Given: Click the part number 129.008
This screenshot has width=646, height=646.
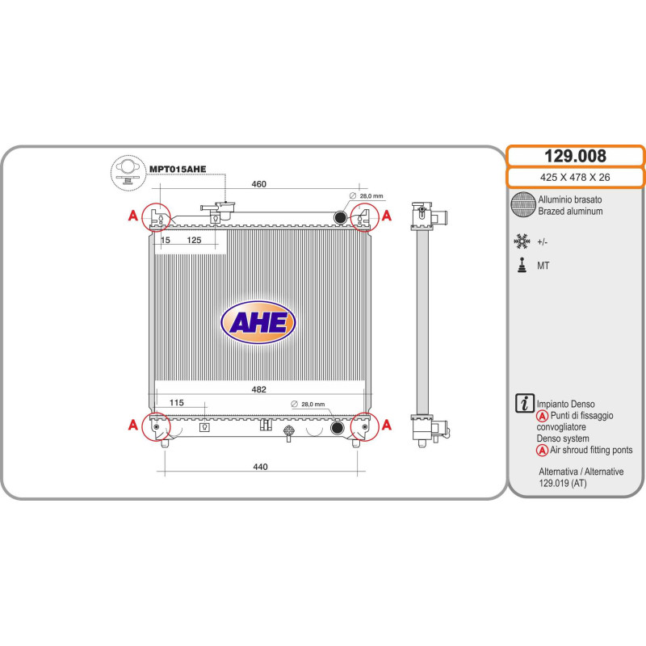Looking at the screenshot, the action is point(575,156).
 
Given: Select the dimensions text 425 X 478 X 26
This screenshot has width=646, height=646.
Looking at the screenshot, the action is point(575,178).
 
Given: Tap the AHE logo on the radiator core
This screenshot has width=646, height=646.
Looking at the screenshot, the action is point(258,322).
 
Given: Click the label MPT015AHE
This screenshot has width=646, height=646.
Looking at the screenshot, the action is point(178,169).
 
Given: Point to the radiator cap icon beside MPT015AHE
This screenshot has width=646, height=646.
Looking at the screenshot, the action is point(128,173).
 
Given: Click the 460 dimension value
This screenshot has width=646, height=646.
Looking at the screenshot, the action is point(258,184).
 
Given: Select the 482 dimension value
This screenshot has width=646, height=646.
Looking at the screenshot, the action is point(258,389).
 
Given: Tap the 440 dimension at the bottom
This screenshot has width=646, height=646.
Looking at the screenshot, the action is point(260,467).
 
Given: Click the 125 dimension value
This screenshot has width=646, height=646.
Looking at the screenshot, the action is point(194,240).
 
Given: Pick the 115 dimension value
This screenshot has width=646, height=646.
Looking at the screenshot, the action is point(176,402).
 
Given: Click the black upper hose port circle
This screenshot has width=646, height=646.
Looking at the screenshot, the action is point(340,216).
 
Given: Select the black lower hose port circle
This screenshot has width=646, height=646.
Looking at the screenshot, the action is point(338,427).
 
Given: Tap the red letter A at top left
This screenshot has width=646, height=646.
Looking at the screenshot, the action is point(132,216).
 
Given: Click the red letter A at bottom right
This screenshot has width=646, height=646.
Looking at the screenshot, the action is point(387,425).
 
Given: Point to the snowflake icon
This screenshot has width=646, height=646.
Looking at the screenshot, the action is point(522,241).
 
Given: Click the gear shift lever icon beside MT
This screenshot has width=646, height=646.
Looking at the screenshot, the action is point(522,266).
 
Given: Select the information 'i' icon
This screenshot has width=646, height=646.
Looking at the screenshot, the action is point(524,403).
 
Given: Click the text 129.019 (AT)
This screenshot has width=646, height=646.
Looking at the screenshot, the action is point(562,483).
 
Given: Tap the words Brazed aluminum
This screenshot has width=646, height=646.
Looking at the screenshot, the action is point(570,212).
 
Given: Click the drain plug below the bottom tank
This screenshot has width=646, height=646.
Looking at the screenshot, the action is point(289,434).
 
